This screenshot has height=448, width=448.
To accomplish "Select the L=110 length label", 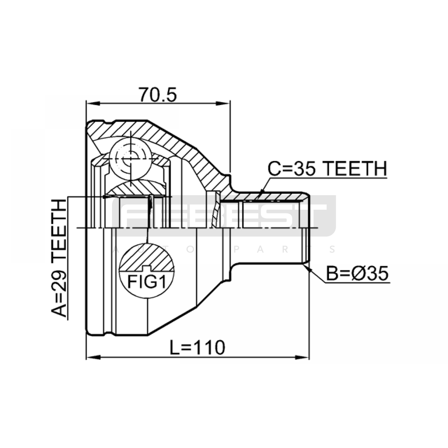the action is click(198, 347).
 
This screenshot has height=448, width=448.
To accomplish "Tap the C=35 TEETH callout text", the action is click(327, 169).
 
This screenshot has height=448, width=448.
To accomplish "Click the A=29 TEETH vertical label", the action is click(59, 258).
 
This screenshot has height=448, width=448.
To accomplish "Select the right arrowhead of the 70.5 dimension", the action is click(223, 104).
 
